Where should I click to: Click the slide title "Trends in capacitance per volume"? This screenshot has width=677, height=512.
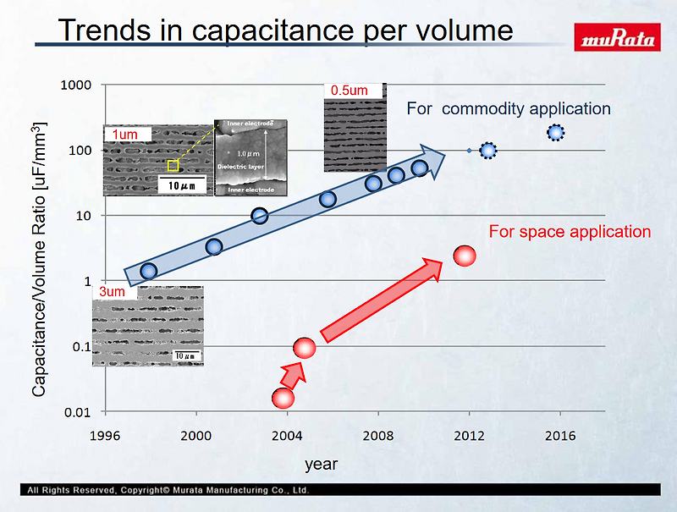pyautogui.click(x=285, y=30)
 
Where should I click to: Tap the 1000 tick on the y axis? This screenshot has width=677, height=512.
pyautogui.click(x=77, y=85)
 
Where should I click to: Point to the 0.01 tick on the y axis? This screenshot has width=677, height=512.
pyautogui.click(x=79, y=412)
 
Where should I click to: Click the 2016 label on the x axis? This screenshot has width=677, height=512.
pyautogui.click(x=560, y=436)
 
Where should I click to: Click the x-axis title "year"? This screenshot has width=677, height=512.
pyautogui.click(x=321, y=465)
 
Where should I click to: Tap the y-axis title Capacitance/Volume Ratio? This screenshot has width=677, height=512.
pyautogui.click(x=39, y=259)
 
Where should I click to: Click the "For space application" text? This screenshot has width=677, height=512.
pyautogui.click(x=570, y=232)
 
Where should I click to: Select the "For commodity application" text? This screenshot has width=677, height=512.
pyautogui.click(x=509, y=109)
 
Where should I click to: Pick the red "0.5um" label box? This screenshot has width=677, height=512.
pyautogui.click(x=349, y=90)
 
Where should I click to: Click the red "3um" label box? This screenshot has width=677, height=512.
pyautogui.click(x=112, y=292)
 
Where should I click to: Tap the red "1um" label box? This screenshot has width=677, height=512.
pyautogui.click(x=125, y=135)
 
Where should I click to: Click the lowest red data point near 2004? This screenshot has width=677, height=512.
pyautogui.click(x=283, y=398)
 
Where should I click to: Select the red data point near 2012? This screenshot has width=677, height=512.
pyautogui.click(x=465, y=256)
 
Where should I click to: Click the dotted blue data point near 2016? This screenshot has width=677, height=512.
pyautogui.click(x=555, y=132)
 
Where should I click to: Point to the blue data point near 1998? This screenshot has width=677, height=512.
pyautogui.click(x=148, y=271)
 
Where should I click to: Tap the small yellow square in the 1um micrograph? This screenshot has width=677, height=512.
pyautogui.click(x=173, y=166)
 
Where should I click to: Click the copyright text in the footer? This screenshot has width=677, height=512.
pyautogui.click(x=168, y=490)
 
